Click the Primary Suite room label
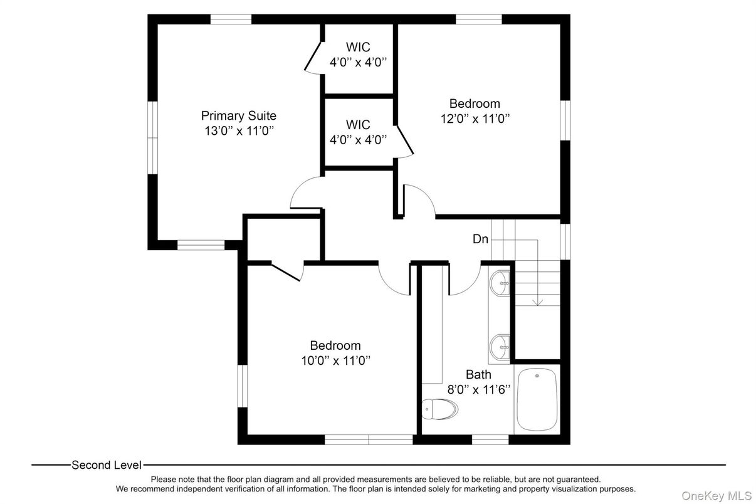pos(238,116)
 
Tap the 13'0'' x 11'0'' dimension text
pos(238,131)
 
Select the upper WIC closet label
pos(358,47)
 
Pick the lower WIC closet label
pos(358,125)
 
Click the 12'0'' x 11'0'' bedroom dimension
pos(475,118)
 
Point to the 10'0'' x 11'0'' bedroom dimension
pos(335,360)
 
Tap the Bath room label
pos(478,375)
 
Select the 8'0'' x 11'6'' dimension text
pos(478,389)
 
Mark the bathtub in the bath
pos(537,399)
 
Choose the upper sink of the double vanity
pos(501,283)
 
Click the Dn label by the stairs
pos(480,239)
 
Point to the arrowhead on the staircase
pos(537,302)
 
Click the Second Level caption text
pos(106,465)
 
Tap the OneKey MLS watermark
pos(717,496)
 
